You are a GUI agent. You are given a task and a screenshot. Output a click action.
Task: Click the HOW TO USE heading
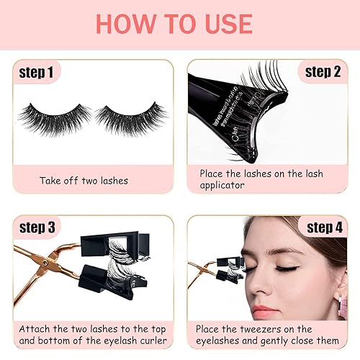click(x=180, y=24)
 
